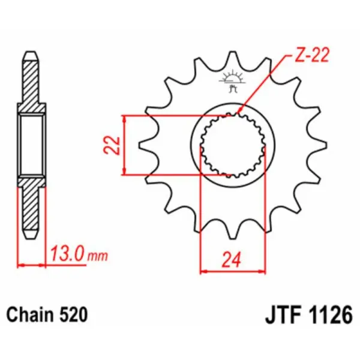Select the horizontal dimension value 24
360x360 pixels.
pyautogui.click(x=232, y=260)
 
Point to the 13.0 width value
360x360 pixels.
pyautogui.click(x=68, y=255)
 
